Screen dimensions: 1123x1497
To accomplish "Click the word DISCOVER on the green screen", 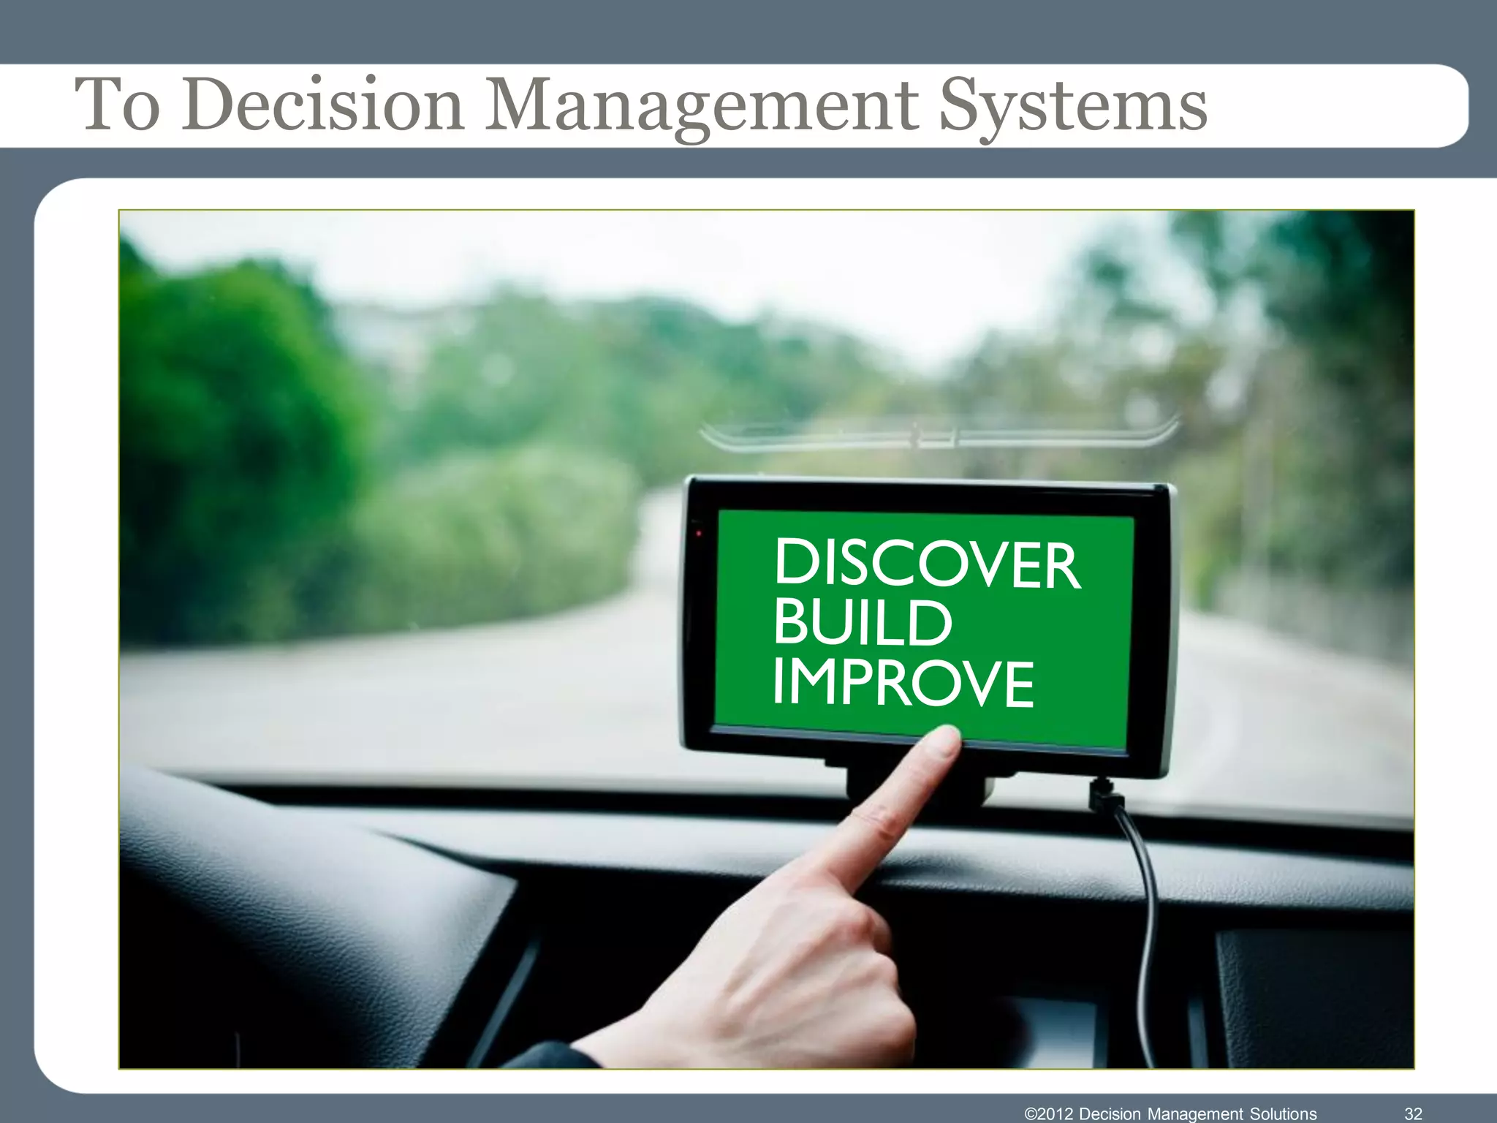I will click(x=926, y=564).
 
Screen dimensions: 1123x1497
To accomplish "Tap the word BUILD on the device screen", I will click(x=863, y=624).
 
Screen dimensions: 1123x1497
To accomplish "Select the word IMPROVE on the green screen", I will click(x=903, y=683).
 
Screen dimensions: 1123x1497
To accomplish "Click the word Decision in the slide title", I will click(x=322, y=105).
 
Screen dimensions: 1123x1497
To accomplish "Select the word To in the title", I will click(x=117, y=105).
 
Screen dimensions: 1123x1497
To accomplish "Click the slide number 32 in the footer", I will click(x=1413, y=1113).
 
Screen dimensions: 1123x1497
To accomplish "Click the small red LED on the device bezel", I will click(x=699, y=533).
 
